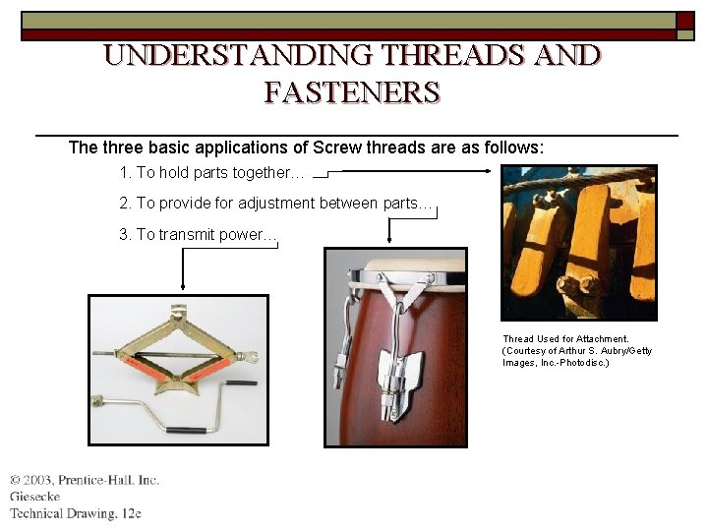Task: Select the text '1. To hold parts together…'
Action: [x=211, y=173]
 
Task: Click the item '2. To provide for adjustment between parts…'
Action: [x=275, y=204]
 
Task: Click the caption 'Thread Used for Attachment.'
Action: [x=565, y=339]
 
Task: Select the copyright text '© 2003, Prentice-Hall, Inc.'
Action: [x=85, y=480]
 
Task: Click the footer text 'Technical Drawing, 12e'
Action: [x=76, y=513]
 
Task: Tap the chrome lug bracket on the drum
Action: [x=404, y=373]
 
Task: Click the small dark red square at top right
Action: [x=685, y=20]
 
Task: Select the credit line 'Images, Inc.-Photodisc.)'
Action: [x=556, y=363]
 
